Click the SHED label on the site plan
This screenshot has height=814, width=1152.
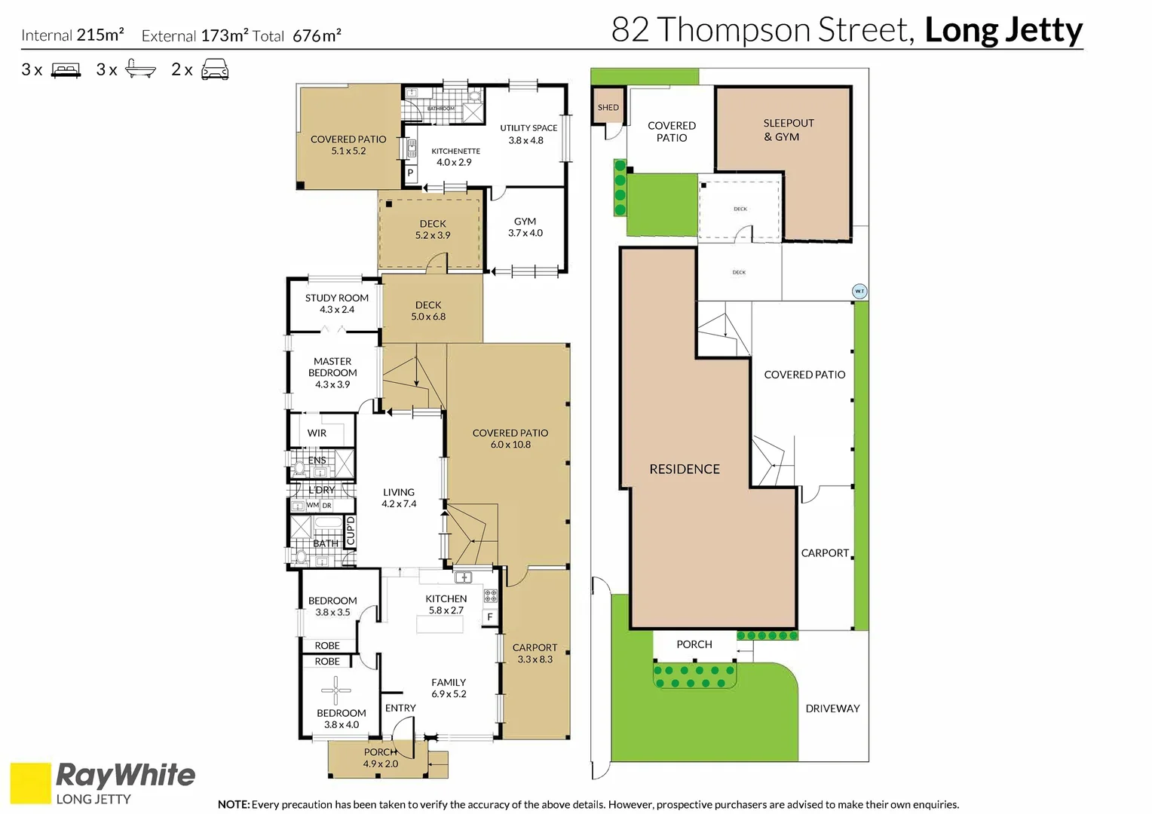pos(608,108)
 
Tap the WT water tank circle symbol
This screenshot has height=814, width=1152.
pos(859,291)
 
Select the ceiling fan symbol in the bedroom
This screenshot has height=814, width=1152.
pos(335,690)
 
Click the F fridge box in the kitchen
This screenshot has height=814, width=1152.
pos(490,617)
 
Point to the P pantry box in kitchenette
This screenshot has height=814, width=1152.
pos(410,173)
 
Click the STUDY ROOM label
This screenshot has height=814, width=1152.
pos(336,298)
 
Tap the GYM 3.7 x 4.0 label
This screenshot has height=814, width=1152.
pos(525,227)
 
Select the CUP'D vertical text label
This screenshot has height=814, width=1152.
pos(351,530)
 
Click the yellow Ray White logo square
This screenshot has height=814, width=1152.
pos(30,783)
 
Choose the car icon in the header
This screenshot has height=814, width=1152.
pos(215,70)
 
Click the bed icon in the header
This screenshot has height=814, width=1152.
pos(66,70)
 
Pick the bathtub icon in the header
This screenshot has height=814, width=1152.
pos(140,69)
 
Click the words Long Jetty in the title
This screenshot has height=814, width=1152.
pos(1003,30)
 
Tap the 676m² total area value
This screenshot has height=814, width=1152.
pos(317,35)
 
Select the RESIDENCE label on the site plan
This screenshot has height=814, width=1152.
pos(684,469)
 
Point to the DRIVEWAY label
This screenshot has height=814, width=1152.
pos(832,708)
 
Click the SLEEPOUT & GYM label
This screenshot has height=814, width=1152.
pos(788,130)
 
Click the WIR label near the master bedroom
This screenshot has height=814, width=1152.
pos(317,433)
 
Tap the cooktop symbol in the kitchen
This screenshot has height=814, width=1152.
pos(490,596)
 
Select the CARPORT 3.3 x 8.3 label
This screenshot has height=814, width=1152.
pos(535,653)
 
